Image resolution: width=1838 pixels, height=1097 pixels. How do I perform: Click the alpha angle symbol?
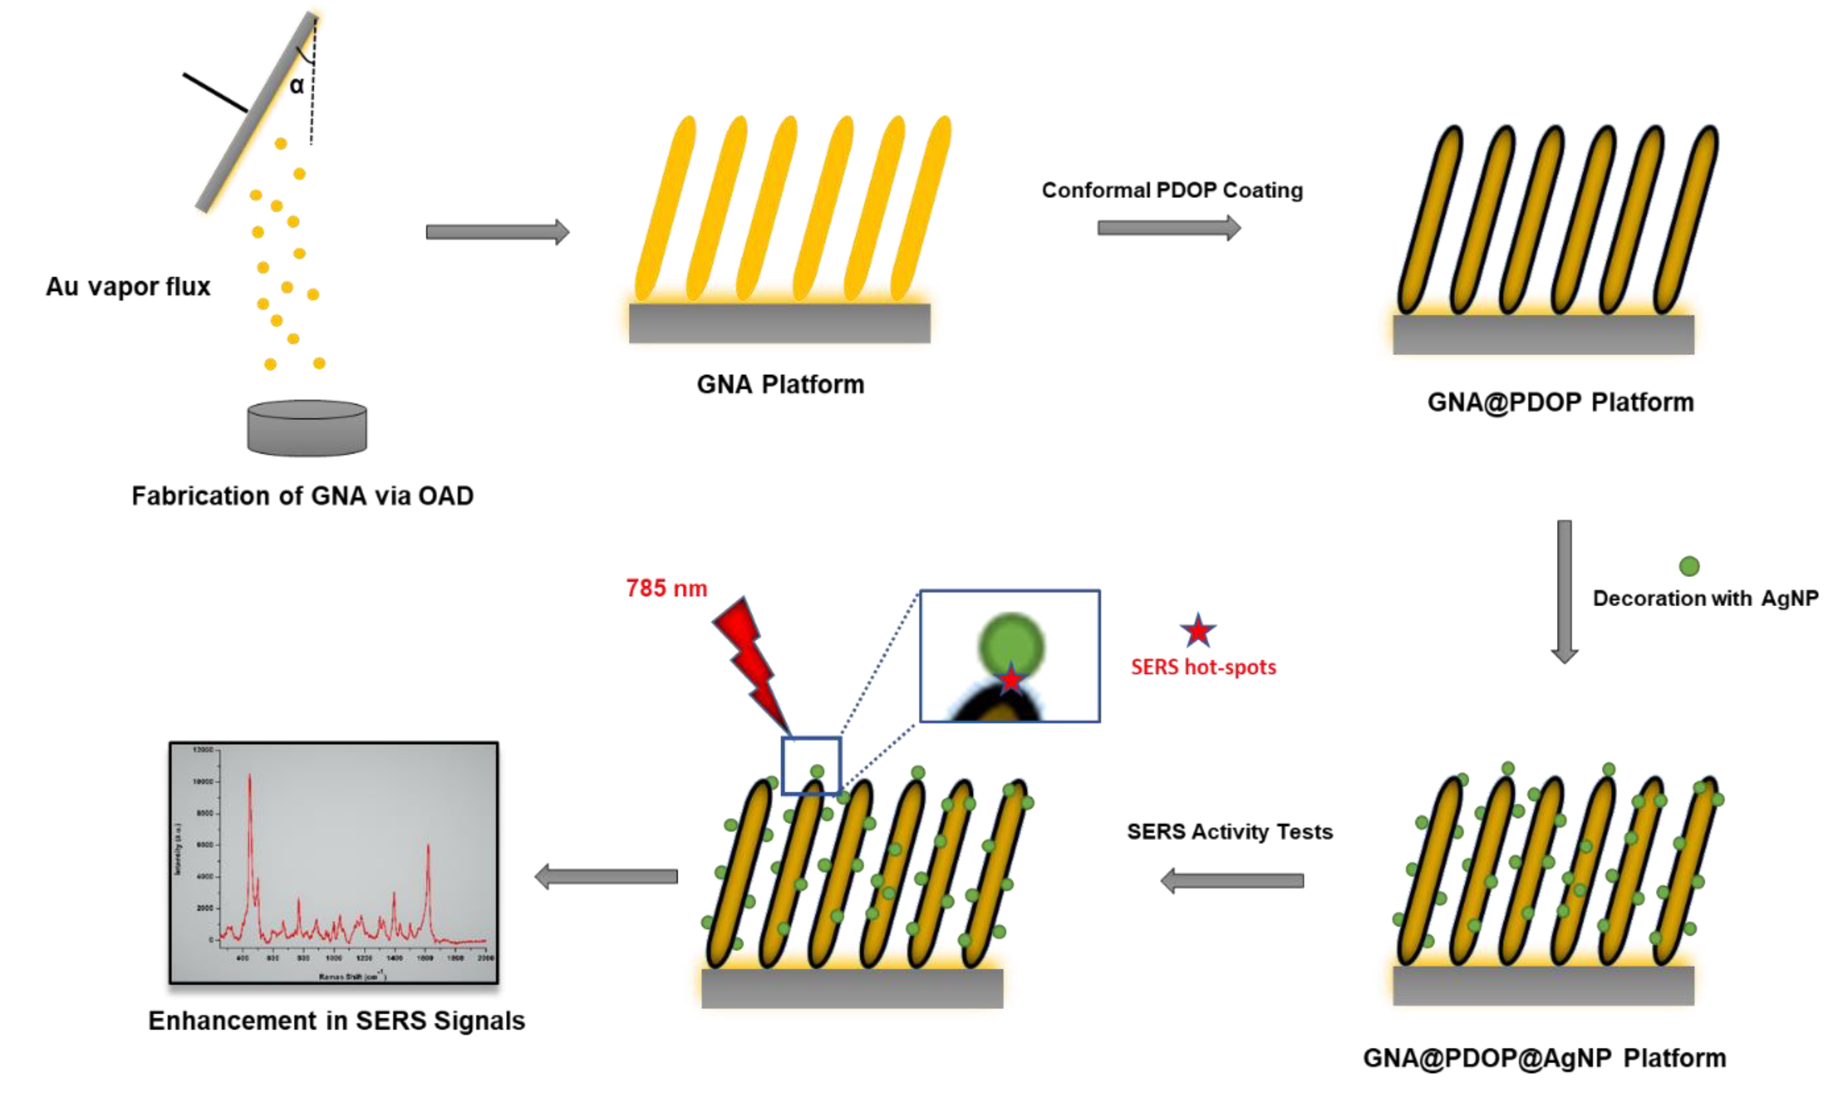[296, 86]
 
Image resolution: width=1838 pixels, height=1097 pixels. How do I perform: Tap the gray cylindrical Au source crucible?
[307, 428]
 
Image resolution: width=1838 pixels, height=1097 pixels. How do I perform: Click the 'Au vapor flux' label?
[128, 287]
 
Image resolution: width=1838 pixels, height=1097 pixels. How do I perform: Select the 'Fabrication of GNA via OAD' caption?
[302, 496]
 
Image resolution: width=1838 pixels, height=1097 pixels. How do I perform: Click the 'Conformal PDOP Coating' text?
[1172, 191]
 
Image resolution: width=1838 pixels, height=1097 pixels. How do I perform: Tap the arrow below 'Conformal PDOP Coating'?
[1168, 228]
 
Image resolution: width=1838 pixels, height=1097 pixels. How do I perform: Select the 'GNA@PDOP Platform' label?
[1560, 402]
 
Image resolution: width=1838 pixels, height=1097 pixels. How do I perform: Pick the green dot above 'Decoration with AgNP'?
[1689, 566]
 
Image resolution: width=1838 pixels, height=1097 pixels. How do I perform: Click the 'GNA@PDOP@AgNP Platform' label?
[1544, 1058]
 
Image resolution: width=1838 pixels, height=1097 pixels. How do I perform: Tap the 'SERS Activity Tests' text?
[1230, 832]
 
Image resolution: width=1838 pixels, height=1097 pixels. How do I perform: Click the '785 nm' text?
[667, 588]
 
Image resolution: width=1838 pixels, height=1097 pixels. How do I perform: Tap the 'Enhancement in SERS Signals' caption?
[336, 1021]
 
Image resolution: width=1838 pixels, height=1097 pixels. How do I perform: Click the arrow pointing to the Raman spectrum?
[606, 876]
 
